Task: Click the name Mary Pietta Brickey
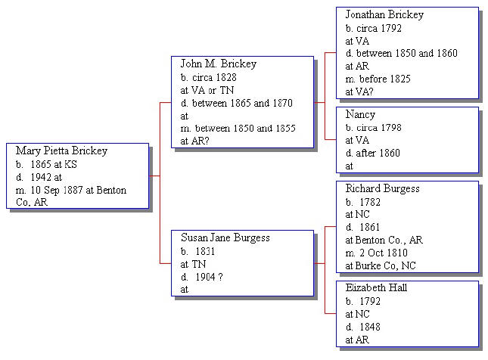tap(61, 151)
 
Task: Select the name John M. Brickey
tap(219, 64)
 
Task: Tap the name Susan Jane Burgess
tap(225, 237)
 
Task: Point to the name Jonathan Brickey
tap(384, 14)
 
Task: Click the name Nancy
tap(360, 114)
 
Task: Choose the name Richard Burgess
tap(383, 188)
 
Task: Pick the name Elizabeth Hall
tap(376, 288)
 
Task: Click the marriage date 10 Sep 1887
tap(57, 190)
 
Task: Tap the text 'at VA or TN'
tap(207, 90)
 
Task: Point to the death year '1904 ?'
tap(209, 277)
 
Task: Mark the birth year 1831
tap(205, 251)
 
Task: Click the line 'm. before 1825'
tap(378, 79)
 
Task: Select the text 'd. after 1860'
tap(372, 153)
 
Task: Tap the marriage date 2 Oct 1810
tap(384, 253)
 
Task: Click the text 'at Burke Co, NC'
tap(381, 265)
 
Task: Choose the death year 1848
tap(370, 327)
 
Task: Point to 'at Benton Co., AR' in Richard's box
tap(384, 241)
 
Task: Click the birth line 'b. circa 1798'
tap(374, 128)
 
